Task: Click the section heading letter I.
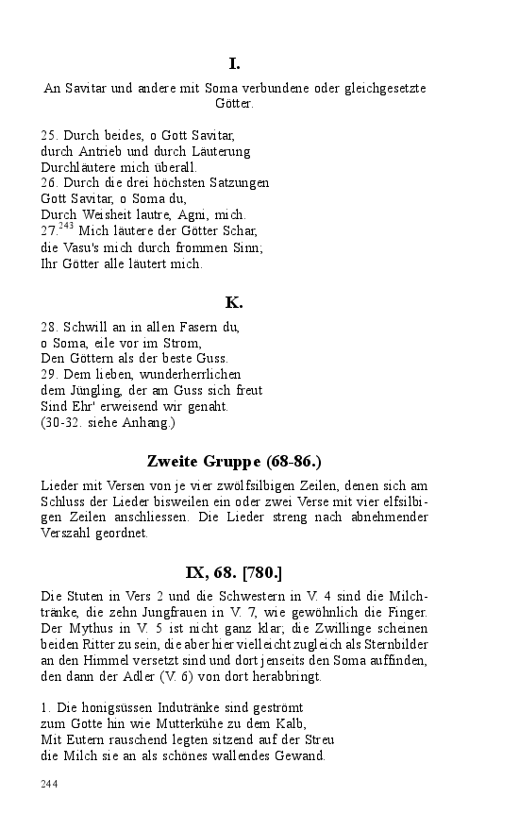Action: (x=234, y=64)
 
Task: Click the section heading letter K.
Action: (x=234, y=302)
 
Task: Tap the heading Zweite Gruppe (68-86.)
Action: (x=235, y=461)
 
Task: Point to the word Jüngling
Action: (x=88, y=390)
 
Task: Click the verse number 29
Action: (x=49, y=375)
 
